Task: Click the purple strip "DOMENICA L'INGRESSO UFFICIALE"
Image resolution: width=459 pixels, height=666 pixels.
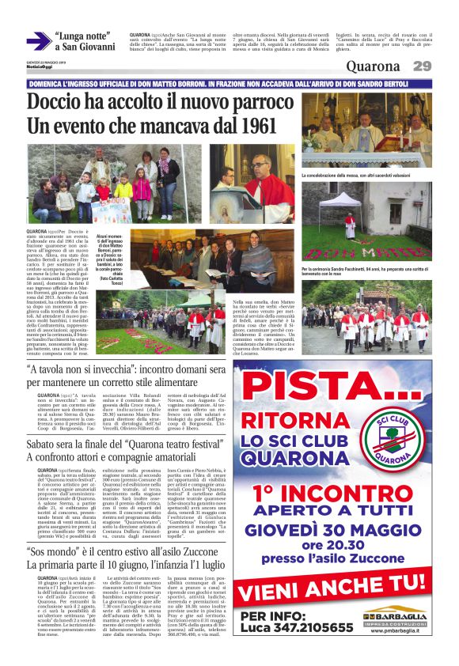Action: pyautogui.click(x=229, y=84)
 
